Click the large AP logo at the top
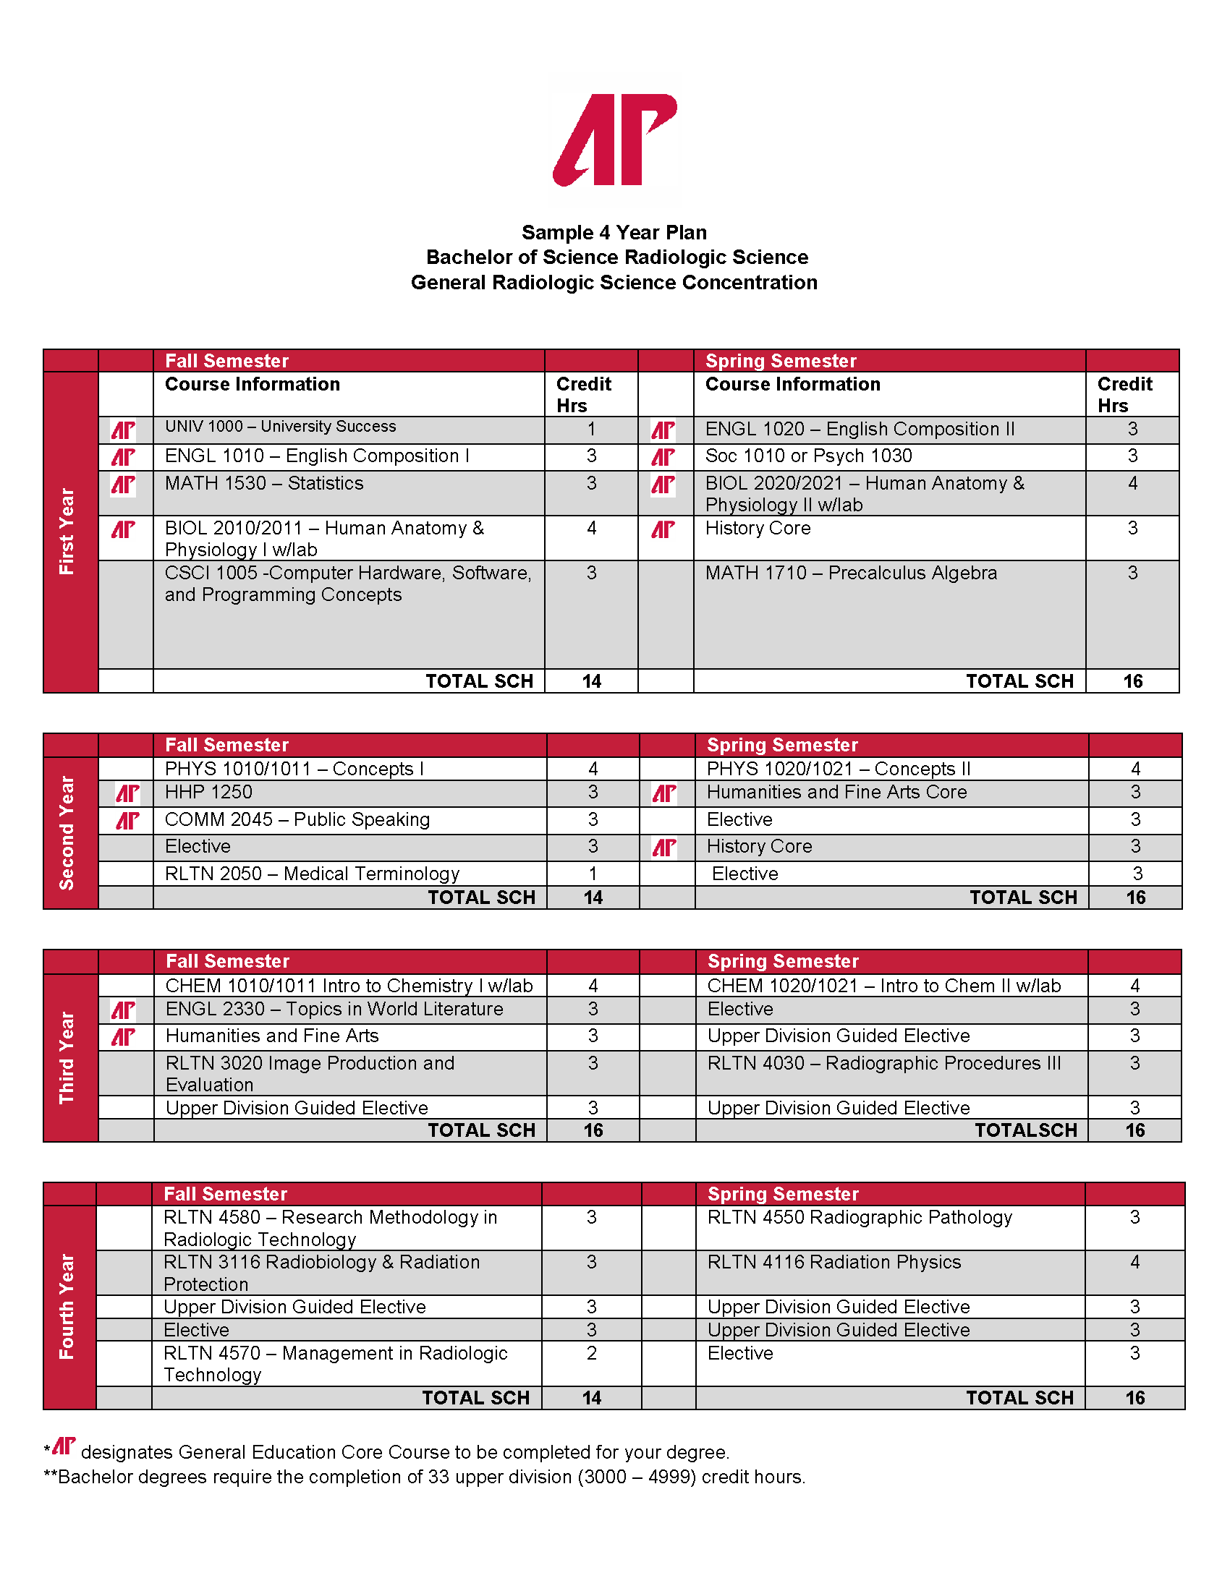pyautogui.click(x=614, y=139)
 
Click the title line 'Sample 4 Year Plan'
pyautogui.click(x=614, y=232)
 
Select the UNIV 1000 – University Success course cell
pyautogui.click(x=281, y=427)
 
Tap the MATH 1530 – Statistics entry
pyautogui.click(x=264, y=484)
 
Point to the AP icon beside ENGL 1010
pyautogui.click(x=123, y=458)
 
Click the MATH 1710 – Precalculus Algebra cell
pyautogui.click(x=850, y=573)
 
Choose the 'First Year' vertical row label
pyautogui.click(x=67, y=532)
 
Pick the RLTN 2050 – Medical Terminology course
pyautogui.click(x=312, y=874)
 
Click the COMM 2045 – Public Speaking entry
pyautogui.click(x=297, y=819)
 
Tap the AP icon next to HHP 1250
pyautogui.click(x=127, y=793)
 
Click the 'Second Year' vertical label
pyautogui.click(x=67, y=832)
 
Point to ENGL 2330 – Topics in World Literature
pyautogui.click(x=334, y=1009)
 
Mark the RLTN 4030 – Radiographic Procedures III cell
pyautogui.click(x=884, y=1064)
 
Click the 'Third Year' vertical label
pyautogui.click(x=67, y=1058)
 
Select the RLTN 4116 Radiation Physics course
pyautogui.click(x=834, y=1263)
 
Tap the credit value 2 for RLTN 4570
pyautogui.click(x=592, y=1354)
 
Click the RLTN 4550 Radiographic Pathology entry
pyautogui.click(x=860, y=1217)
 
